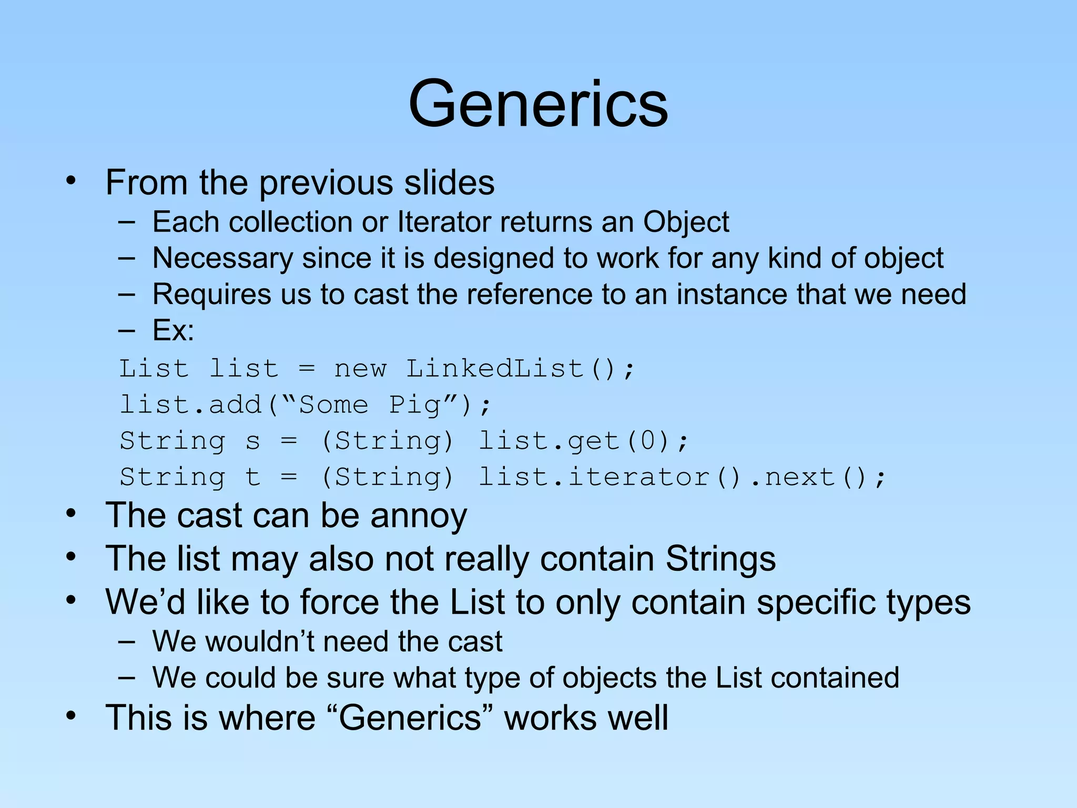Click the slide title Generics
(538, 104)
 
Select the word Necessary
(223, 259)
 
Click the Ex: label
(173, 330)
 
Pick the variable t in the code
(253, 477)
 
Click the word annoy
(419, 516)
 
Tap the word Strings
(720, 559)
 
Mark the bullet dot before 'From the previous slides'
(71, 181)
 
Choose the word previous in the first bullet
(326, 183)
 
